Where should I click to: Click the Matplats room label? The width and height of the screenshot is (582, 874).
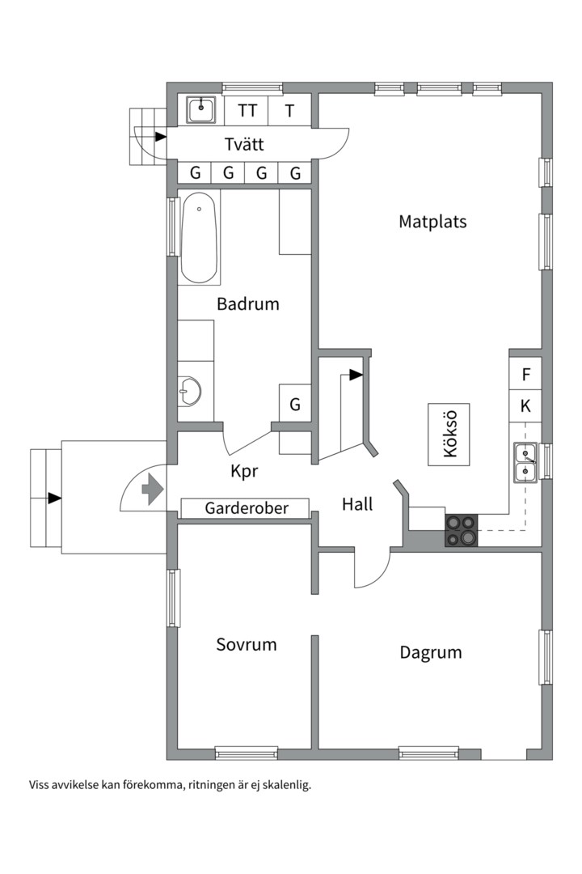pyautogui.click(x=432, y=222)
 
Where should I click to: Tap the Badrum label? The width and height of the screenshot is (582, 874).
pyautogui.click(x=248, y=303)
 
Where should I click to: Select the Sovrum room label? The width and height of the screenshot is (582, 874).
pyautogui.click(x=247, y=644)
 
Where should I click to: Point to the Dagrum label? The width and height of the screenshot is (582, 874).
pyautogui.click(x=431, y=653)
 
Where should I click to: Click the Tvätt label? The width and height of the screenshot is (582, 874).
pyautogui.click(x=244, y=144)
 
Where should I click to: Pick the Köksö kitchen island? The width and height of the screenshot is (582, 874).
pyautogui.click(x=449, y=435)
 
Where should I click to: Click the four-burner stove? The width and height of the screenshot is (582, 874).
pyautogui.click(x=462, y=529)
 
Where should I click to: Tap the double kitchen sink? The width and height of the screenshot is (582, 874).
pyautogui.click(x=525, y=462)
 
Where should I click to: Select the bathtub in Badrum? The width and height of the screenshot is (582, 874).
pyautogui.click(x=199, y=238)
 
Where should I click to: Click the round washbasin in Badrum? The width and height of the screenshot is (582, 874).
pyautogui.click(x=190, y=391)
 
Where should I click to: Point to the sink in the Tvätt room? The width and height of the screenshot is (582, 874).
pyautogui.click(x=201, y=110)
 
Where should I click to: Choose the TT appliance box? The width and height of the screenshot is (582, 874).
pyautogui.click(x=247, y=110)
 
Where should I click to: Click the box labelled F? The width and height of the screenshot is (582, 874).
pyautogui.click(x=525, y=374)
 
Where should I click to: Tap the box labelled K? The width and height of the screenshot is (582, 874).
pyautogui.click(x=525, y=406)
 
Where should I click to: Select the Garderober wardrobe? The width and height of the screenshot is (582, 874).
pyautogui.click(x=246, y=508)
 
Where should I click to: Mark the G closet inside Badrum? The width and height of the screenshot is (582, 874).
pyautogui.click(x=295, y=403)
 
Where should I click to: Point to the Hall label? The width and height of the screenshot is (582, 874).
pyautogui.click(x=357, y=504)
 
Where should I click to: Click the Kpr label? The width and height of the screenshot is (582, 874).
pyautogui.click(x=244, y=472)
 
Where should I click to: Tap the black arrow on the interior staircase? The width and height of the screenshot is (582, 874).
pyautogui.click(x=356, y=375)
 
